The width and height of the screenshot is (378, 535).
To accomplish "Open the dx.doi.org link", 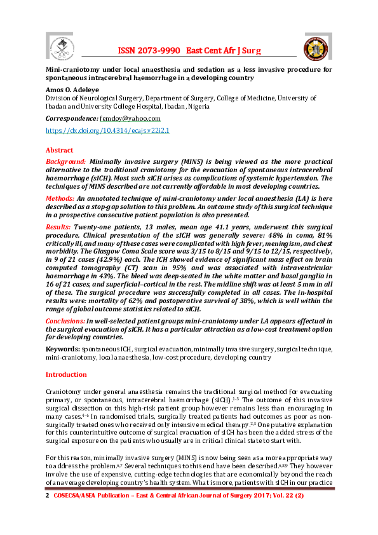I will click(107, 130).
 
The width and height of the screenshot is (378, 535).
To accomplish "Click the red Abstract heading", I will click(59, 150).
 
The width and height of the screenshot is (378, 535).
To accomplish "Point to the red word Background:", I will click(65, 162).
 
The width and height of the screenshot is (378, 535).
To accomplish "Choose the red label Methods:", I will click(60, 199).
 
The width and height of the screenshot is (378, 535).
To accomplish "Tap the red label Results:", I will click(59, 227).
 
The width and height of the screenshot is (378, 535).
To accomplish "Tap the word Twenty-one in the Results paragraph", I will click(93, 227).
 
